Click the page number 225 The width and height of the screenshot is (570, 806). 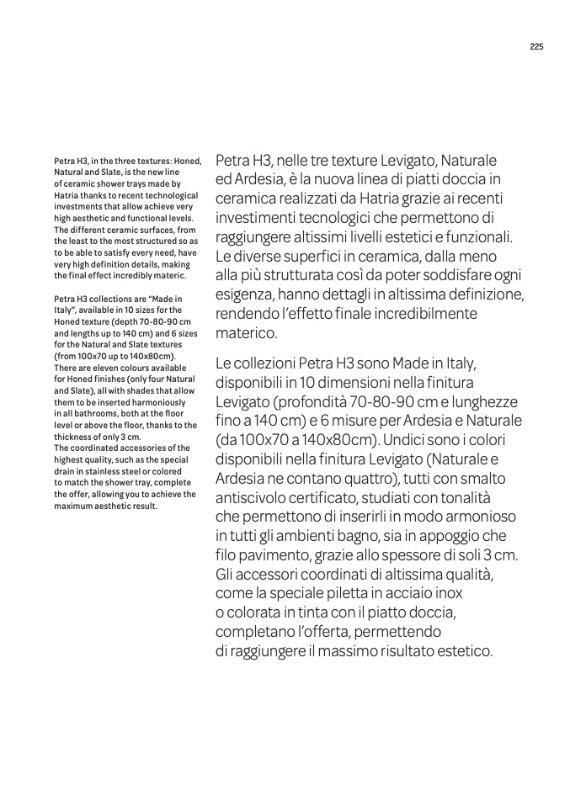click(x=536, y=47)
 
